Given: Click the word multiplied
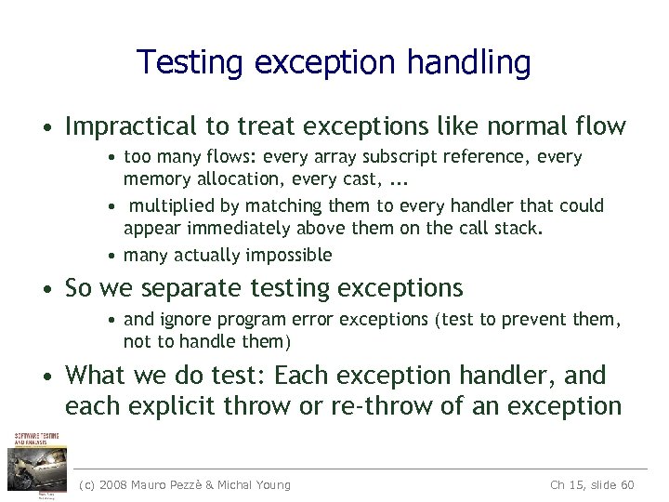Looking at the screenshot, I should (170, 205).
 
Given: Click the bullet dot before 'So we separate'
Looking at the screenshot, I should (52, 289).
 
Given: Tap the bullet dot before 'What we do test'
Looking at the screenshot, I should (52, 376).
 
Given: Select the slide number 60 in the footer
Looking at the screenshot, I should (626, 484).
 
